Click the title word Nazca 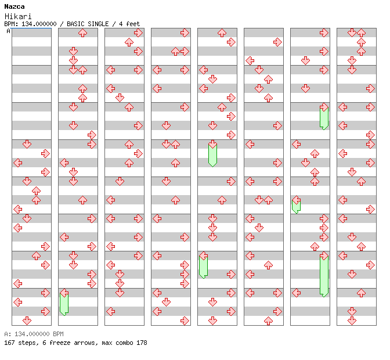point(14,6)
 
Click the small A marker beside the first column point(9,31)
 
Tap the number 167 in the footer point(9,343)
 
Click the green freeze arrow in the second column point(64,304)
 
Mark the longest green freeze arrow point(324,275)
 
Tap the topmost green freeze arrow point(324,117)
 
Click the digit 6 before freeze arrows point(41,343)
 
